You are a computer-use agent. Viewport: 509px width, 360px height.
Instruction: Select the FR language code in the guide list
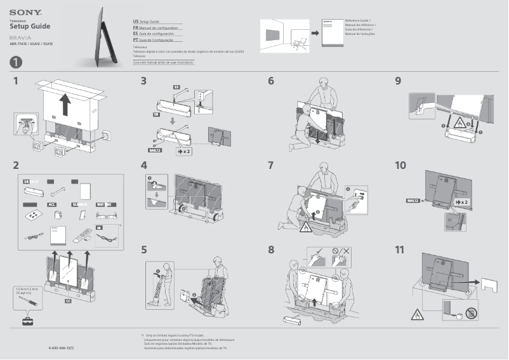click(x=136, y=29)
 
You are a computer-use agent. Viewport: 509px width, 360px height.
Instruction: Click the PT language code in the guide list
click(x=136, y=40)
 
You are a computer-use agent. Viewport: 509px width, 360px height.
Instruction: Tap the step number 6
click(x=271, y=81)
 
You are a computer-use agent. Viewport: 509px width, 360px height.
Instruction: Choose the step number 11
click(x=399, y=250)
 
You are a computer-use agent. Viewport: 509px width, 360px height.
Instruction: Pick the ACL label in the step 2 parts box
click(x=53, y=205)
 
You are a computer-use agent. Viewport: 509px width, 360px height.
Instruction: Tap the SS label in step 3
click(x=176, y=86)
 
